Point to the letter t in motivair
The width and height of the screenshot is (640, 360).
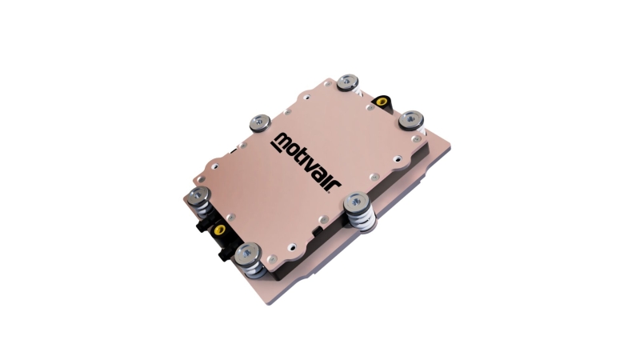303,158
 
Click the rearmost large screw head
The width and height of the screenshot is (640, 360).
348,82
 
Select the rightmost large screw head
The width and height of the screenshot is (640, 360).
410,119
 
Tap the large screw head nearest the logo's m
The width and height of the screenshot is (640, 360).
260,122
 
